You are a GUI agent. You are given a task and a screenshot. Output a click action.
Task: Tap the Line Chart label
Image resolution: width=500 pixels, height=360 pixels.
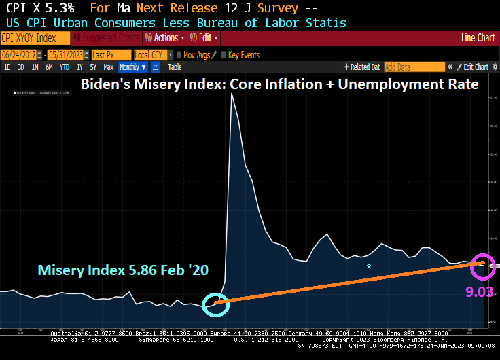478,38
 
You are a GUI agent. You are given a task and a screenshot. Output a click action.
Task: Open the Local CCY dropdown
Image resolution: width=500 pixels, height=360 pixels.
152,55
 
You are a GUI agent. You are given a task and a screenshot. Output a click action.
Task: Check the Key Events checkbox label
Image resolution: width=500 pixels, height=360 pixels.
243,55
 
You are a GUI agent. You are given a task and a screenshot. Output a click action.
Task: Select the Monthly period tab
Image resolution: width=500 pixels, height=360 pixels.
132,67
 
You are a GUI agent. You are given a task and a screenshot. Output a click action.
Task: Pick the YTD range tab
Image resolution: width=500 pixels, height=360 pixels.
65,67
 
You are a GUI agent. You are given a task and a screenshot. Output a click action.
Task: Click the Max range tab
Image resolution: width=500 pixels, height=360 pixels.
108,67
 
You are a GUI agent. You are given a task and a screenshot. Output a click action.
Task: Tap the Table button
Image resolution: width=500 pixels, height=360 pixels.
175,67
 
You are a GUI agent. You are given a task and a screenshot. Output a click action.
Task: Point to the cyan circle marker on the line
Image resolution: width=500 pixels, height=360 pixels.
217,304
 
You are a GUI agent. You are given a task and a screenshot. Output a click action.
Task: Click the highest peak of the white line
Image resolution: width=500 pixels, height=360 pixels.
232,93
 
